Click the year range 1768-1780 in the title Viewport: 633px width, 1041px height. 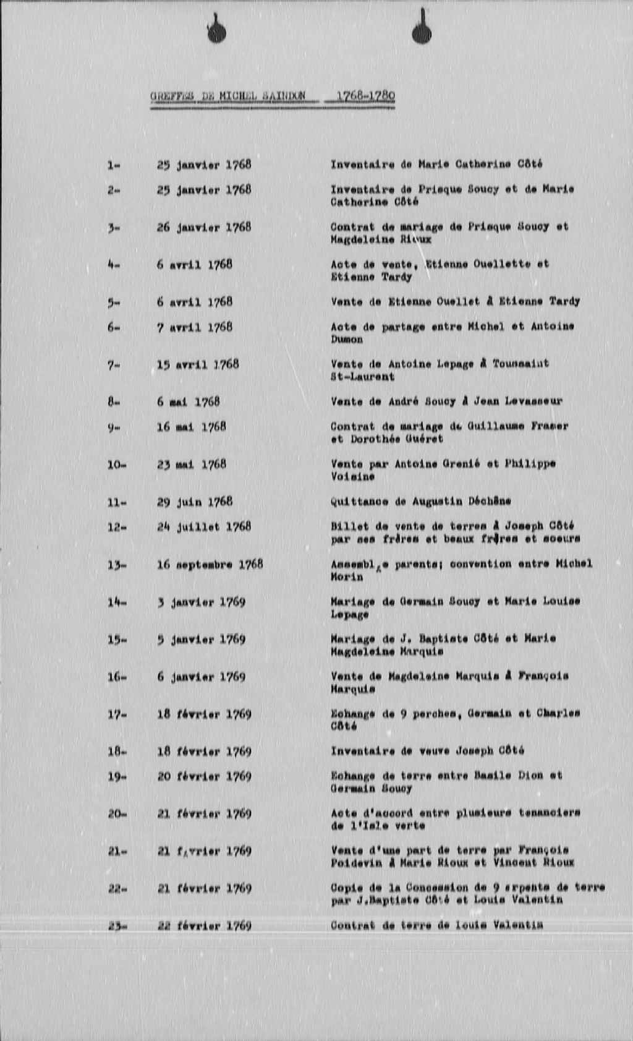[365, 96]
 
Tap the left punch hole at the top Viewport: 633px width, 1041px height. [216, 32]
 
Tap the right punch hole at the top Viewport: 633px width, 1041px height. [422, 32]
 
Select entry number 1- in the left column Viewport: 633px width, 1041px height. [113, 165]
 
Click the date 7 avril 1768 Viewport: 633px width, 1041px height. [194, 327]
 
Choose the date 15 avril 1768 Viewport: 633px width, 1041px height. [197, 364]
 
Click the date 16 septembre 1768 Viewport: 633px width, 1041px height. [210, 564]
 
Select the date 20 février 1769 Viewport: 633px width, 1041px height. [204, 776]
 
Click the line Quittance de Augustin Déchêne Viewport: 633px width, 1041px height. [420, 501]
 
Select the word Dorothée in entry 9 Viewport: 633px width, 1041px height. [378, 439]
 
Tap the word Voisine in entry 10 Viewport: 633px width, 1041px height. [352, 477]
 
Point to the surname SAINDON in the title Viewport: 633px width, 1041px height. [284, 96]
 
